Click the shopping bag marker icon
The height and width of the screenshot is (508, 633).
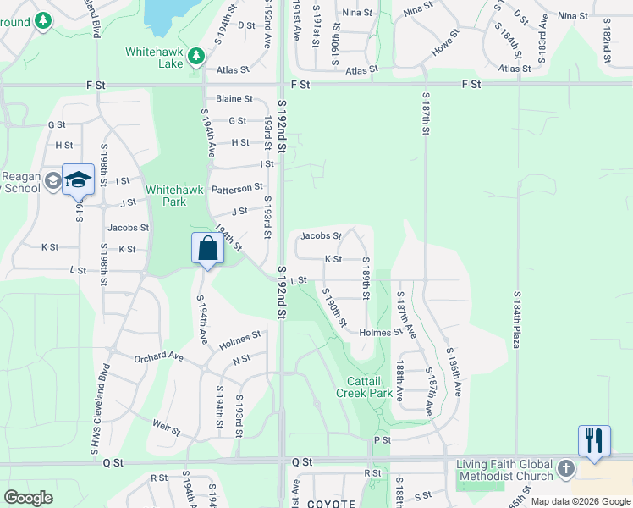click(207, 249)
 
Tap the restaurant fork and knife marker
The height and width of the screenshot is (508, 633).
click(594, 440)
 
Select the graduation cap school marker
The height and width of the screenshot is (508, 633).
click(77, 179)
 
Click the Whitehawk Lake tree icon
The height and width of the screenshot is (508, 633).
click(196, 56)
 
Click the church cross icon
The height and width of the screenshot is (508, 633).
click(565, 469)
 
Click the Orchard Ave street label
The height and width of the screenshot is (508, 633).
click(158, 357)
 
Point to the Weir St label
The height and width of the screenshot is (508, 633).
click(168, 428)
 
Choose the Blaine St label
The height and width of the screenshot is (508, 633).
click(234, 99)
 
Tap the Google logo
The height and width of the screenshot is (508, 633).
click(29, 498)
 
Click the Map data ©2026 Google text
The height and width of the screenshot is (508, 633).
click(581, 501)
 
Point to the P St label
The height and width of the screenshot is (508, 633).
click(382, 440)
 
